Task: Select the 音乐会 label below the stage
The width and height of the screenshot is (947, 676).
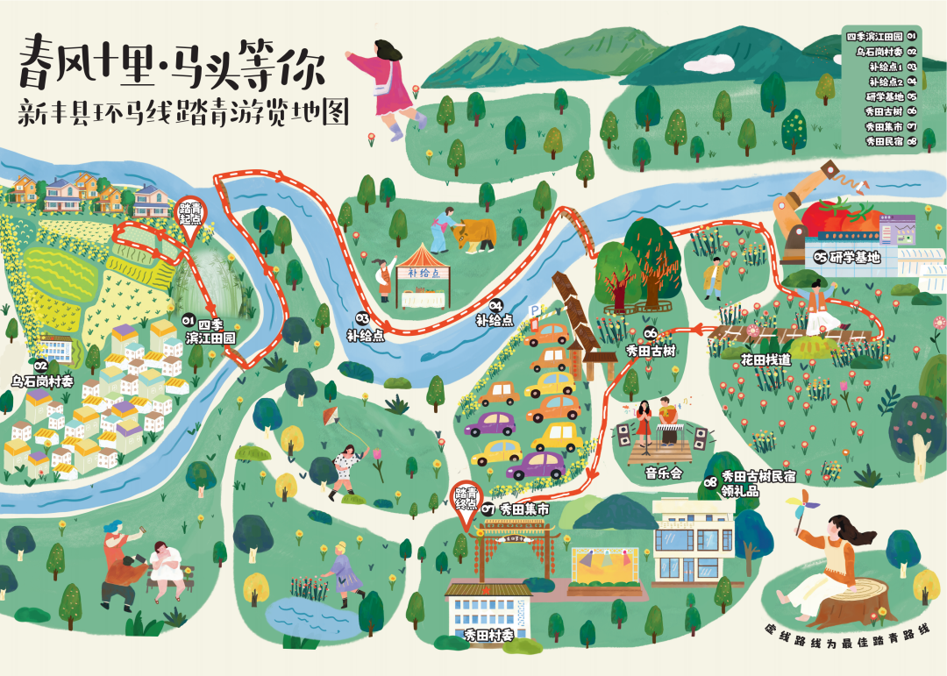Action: (x=663, y=473)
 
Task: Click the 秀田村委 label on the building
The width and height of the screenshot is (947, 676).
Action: (x=488, y=634)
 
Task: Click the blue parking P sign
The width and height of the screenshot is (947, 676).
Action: (x=534, y=310)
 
